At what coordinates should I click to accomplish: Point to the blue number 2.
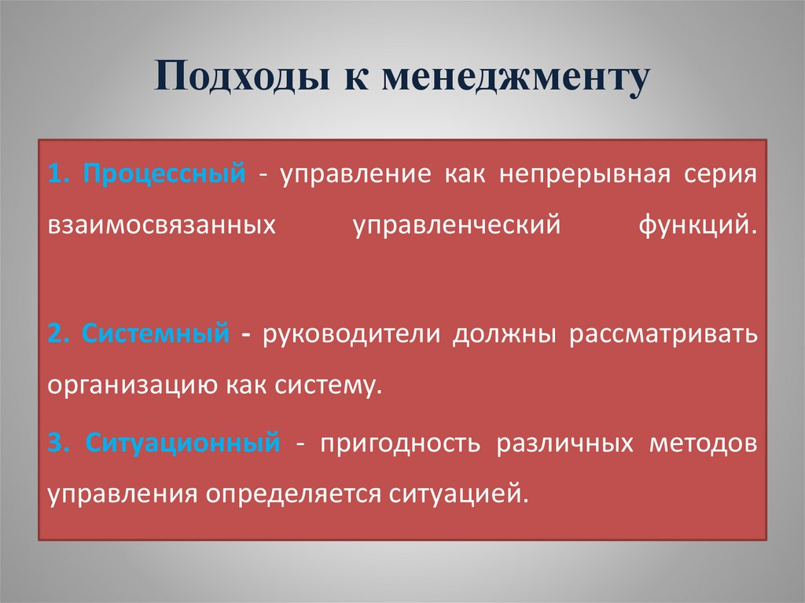click(x=54, y=334)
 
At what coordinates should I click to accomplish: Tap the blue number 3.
click(x=54, y=443)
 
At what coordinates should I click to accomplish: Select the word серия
click(x=721, y=173)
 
